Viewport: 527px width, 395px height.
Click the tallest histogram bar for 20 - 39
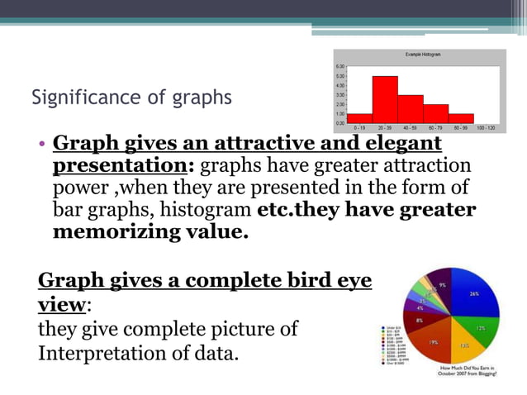coord(385,99)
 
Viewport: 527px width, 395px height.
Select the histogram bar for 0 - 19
coord(359,118)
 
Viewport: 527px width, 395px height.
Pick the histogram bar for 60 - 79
coord(435,113)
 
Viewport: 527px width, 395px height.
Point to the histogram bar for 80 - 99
coord(461,118)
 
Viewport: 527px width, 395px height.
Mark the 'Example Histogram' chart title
coord(423,55)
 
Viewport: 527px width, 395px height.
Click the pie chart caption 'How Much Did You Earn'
coord(468,369)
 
